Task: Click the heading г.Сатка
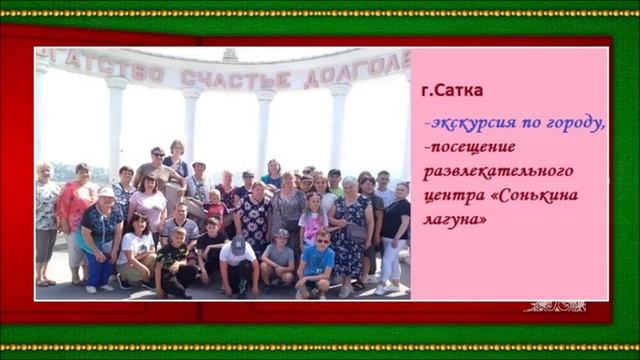[x=452, y=91]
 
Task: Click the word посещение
[x=469, y=146]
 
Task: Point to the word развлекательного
[x=496, y=168]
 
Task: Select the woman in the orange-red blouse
[x=77, y=205]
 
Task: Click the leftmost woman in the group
[x=46, y=220]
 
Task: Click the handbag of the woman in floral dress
[x=356, y=232]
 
